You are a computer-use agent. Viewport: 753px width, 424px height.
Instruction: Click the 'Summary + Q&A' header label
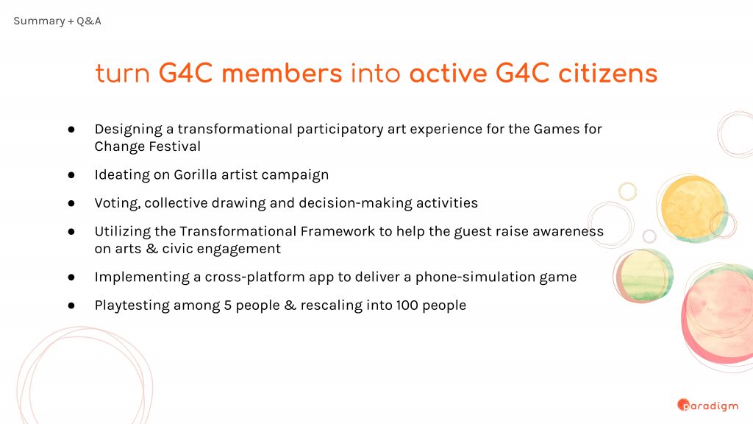pyautogui.click(x=57, y=21)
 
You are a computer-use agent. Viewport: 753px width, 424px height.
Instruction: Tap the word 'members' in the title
pyautogui.click(x=282, y=74)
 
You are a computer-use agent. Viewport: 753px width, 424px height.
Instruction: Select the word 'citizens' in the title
pyautogui.click(x=607, y=74)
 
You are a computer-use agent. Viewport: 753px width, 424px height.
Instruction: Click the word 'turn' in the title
pyautogui.click(x=123, y=74)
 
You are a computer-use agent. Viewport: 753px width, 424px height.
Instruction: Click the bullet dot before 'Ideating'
pyautogui.click(x=71, y=175)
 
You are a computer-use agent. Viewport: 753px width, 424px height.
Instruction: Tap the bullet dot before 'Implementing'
pyautogui.click(x=71, y=278)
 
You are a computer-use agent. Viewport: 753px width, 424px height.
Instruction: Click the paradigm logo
pyautogui.click(x=708, y=406)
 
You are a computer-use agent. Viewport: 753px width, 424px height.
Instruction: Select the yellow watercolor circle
pyautogui.click(x=691, y=207)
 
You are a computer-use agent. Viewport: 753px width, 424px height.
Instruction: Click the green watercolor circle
pyautogui.click(x=643, y=275)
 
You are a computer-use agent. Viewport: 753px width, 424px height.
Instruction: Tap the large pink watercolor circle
pyautogui.click(x=718, y=315)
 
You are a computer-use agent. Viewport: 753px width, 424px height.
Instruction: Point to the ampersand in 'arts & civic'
pyautogui.click(x=151, y=249)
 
